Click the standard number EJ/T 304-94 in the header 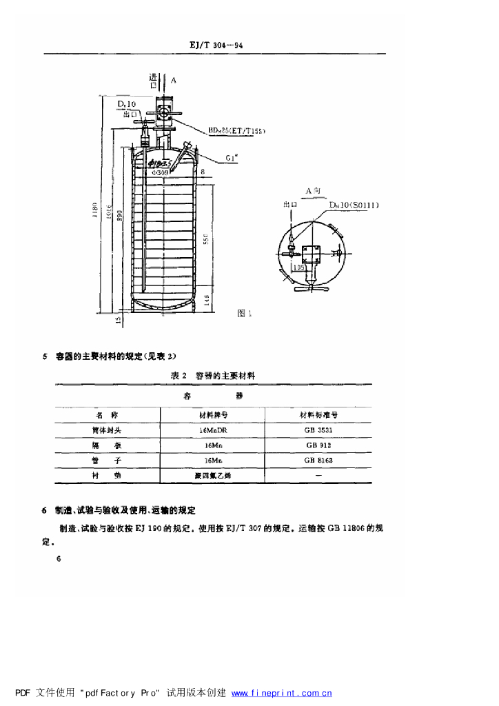[216, 46]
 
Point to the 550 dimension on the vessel [205, 238]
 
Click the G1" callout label [232, 158]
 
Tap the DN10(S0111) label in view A [354, 205]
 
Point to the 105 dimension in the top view [298, 267]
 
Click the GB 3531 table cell [318, 430]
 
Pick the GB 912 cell [318, 445]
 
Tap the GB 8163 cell [318, 460]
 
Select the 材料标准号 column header [318, 414]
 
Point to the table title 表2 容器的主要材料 [213, 376]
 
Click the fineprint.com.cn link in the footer [282, 693]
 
